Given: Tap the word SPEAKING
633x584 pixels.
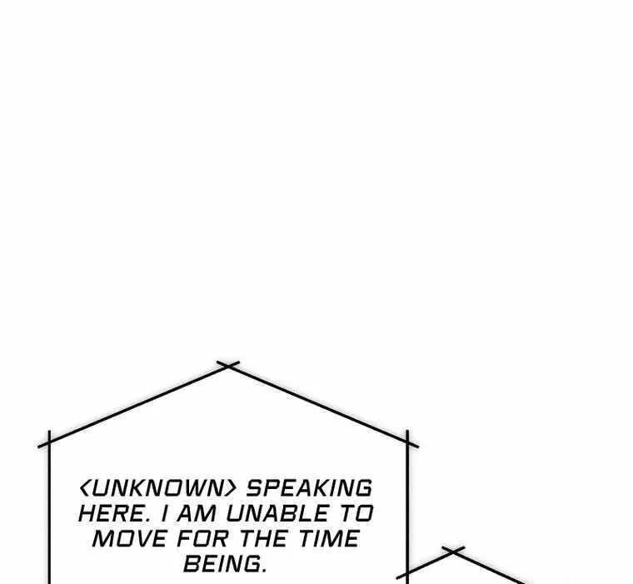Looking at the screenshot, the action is (309, 488).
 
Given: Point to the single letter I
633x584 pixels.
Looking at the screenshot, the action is (163, 514).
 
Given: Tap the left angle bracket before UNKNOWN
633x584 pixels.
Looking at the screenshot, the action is (84, 488).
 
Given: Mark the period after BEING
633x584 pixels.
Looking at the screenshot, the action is (264, 571).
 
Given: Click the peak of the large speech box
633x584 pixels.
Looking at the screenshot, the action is (228, 365).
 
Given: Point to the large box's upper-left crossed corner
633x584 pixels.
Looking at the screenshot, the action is (49, 442).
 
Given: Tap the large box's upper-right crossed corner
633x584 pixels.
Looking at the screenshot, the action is (407, 442).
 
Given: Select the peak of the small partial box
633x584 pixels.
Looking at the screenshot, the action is (453, 551).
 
